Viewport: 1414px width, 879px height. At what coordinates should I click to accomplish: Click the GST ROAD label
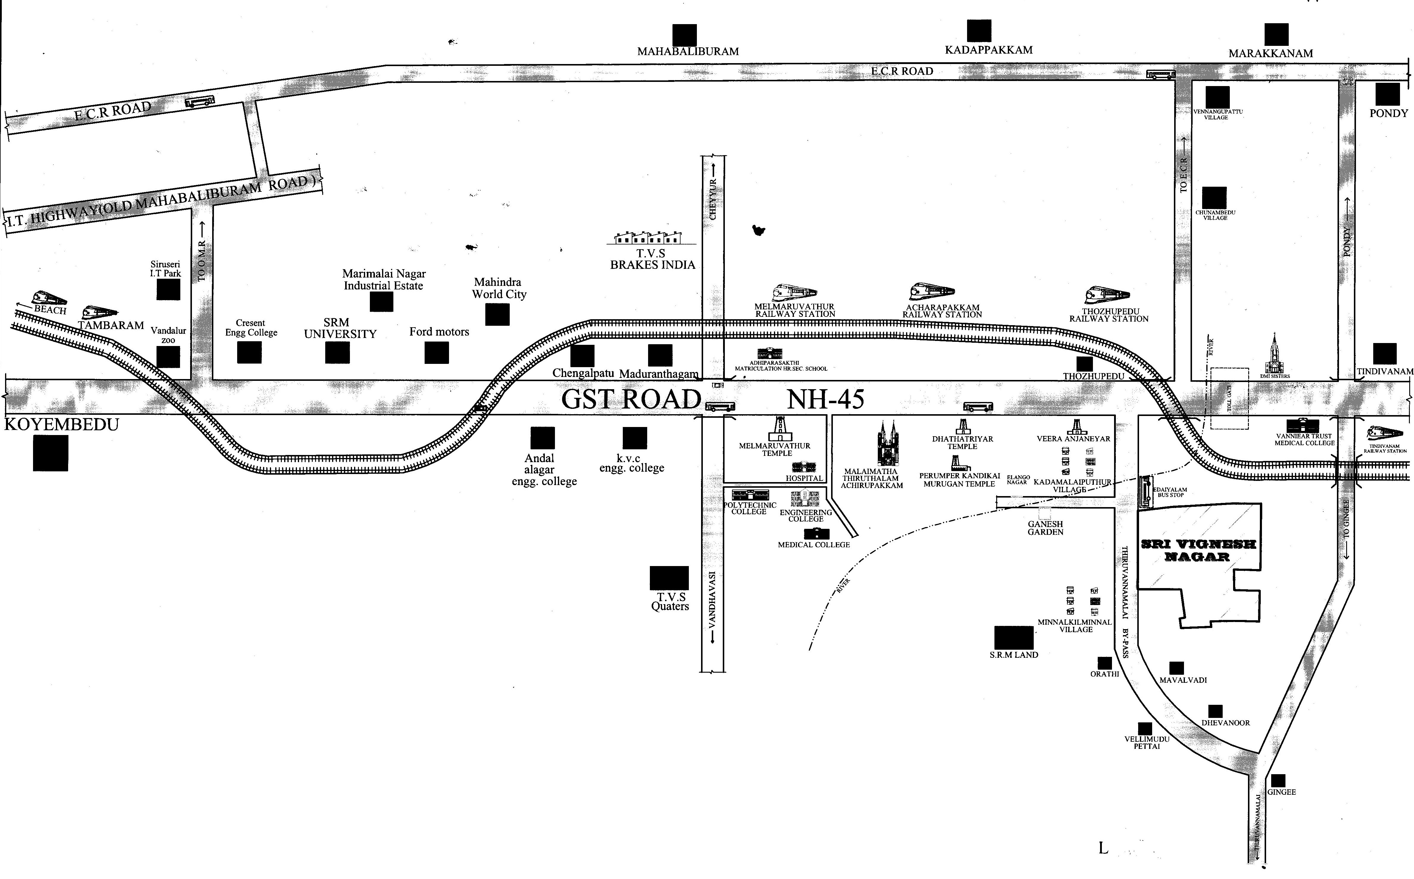coord(631,399)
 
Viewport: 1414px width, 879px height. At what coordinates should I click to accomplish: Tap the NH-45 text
coord(825,399)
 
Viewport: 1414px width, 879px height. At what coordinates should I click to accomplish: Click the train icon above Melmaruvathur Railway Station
coord(794,292)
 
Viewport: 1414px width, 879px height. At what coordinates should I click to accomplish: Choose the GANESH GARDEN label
coord(1045,528)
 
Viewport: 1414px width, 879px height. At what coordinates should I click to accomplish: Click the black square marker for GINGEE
coord(1278,781)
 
